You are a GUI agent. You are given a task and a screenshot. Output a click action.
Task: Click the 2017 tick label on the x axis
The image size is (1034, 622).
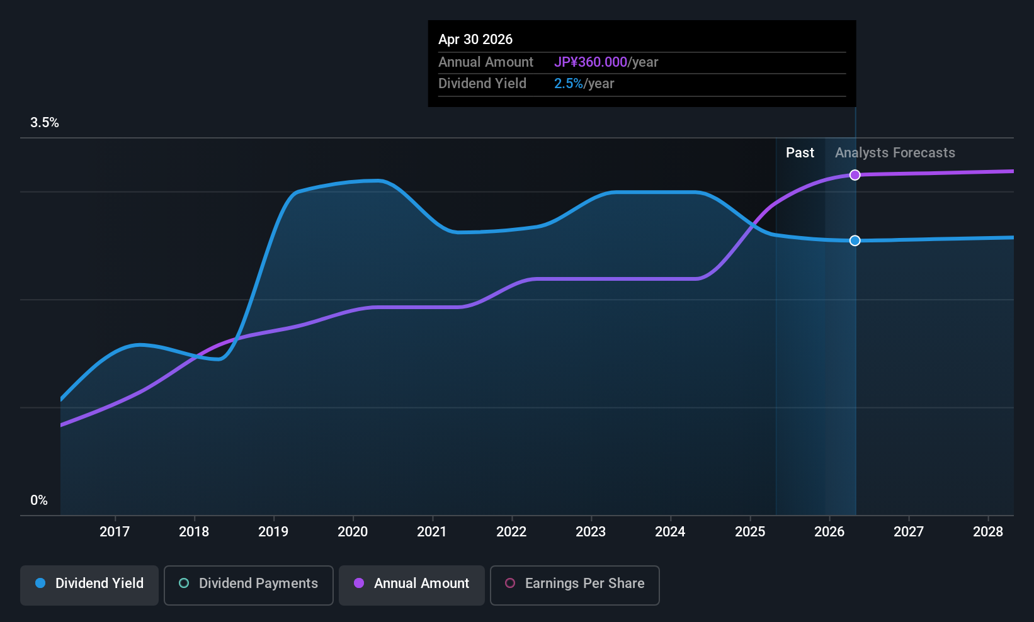tap(115, 531)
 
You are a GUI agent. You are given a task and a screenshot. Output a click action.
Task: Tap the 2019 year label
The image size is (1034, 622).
tap(273, 531)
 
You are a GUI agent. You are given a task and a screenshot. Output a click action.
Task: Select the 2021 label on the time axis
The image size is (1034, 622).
tap(432, 531)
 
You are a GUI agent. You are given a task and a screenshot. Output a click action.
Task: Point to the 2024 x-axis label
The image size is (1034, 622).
tap(670, 531)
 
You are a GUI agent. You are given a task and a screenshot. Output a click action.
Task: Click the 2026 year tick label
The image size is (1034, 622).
tap(829, 531)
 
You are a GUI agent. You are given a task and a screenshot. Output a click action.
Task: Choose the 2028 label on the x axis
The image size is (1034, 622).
tap(988, 531)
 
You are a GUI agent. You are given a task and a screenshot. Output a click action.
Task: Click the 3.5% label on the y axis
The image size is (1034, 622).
tap(45, 123)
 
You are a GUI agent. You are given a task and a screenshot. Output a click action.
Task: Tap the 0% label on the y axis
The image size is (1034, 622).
tap(39, 500)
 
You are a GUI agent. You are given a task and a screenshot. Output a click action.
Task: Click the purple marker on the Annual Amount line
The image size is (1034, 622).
tap(855, 175)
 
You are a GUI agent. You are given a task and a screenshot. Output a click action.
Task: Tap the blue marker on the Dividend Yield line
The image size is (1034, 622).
tap(855, 240)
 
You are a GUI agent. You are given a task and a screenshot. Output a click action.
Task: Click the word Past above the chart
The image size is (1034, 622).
tap(800, 153)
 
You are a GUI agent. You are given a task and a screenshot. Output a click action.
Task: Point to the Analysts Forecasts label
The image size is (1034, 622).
tap(895, 153)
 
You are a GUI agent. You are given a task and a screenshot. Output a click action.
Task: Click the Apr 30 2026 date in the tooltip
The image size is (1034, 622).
tap(475, 39)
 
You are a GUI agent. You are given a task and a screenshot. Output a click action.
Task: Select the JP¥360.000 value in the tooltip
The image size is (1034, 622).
tap(591, 62)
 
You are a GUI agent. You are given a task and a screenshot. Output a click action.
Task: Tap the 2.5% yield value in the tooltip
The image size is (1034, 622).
tap(569, 84)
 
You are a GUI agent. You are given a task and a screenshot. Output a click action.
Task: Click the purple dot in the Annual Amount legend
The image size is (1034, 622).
tap(359, 583)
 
